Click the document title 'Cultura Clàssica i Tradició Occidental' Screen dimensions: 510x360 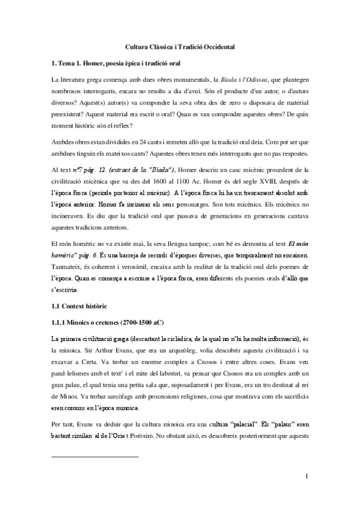click(180, 46)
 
